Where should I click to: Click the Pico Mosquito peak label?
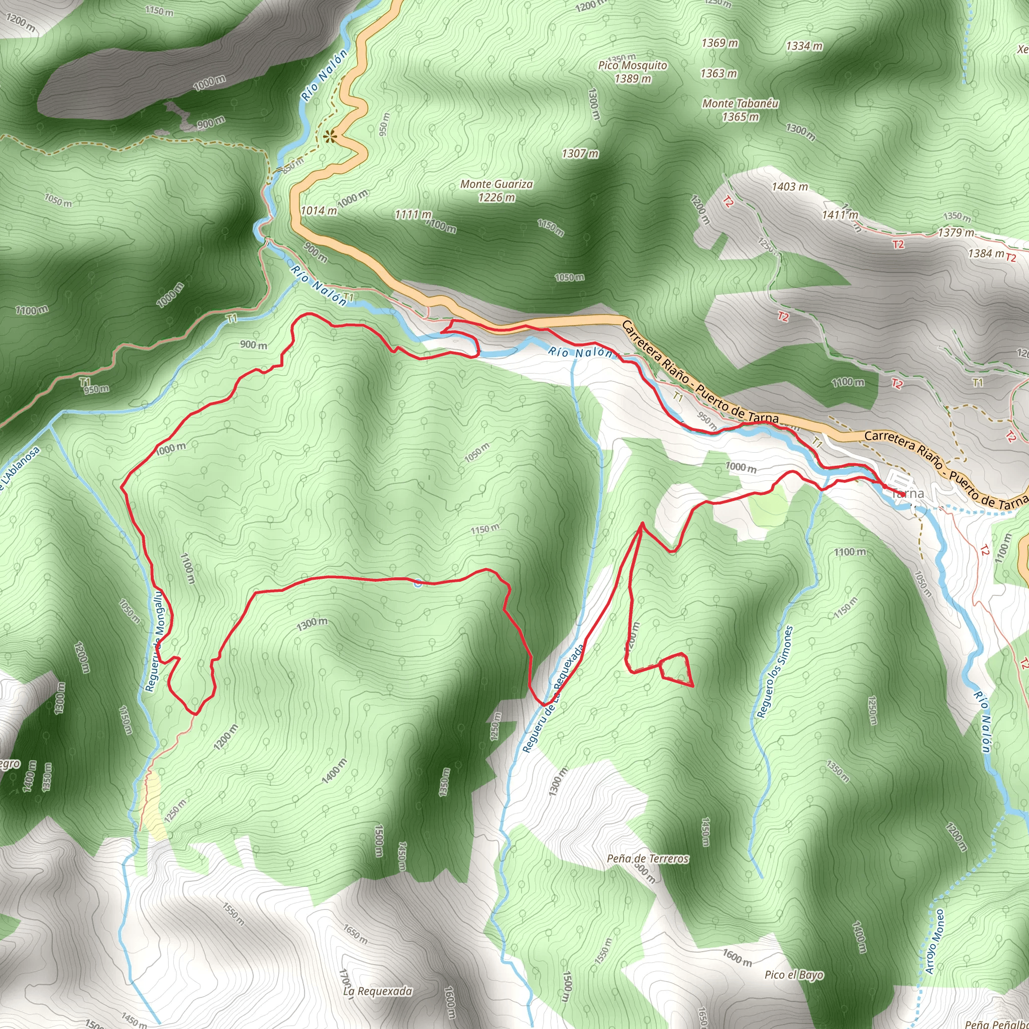tap(632, 65)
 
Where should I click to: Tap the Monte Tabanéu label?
tap(740, 104)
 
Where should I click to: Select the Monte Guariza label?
tap(496, 184)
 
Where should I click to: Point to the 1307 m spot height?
tap(580, 154)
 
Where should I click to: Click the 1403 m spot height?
tap(789, 187)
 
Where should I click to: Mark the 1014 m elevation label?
tap(319, 211)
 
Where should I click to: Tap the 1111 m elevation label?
tap(413, 215)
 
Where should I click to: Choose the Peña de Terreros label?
tap(648, 859)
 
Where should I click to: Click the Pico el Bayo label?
tap(793, 975)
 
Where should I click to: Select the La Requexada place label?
tap(377, 991)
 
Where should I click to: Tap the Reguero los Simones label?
tap(774, 672)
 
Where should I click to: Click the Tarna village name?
tap(907, 494)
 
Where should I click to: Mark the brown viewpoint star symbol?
tap(330, 137)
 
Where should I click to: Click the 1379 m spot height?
tap(956, 233)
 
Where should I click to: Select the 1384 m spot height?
tap(986, 254)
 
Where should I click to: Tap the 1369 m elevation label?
tap(719, 43)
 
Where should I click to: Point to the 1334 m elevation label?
tap(804, 46)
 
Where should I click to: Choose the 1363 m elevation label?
tap(718, 73)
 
